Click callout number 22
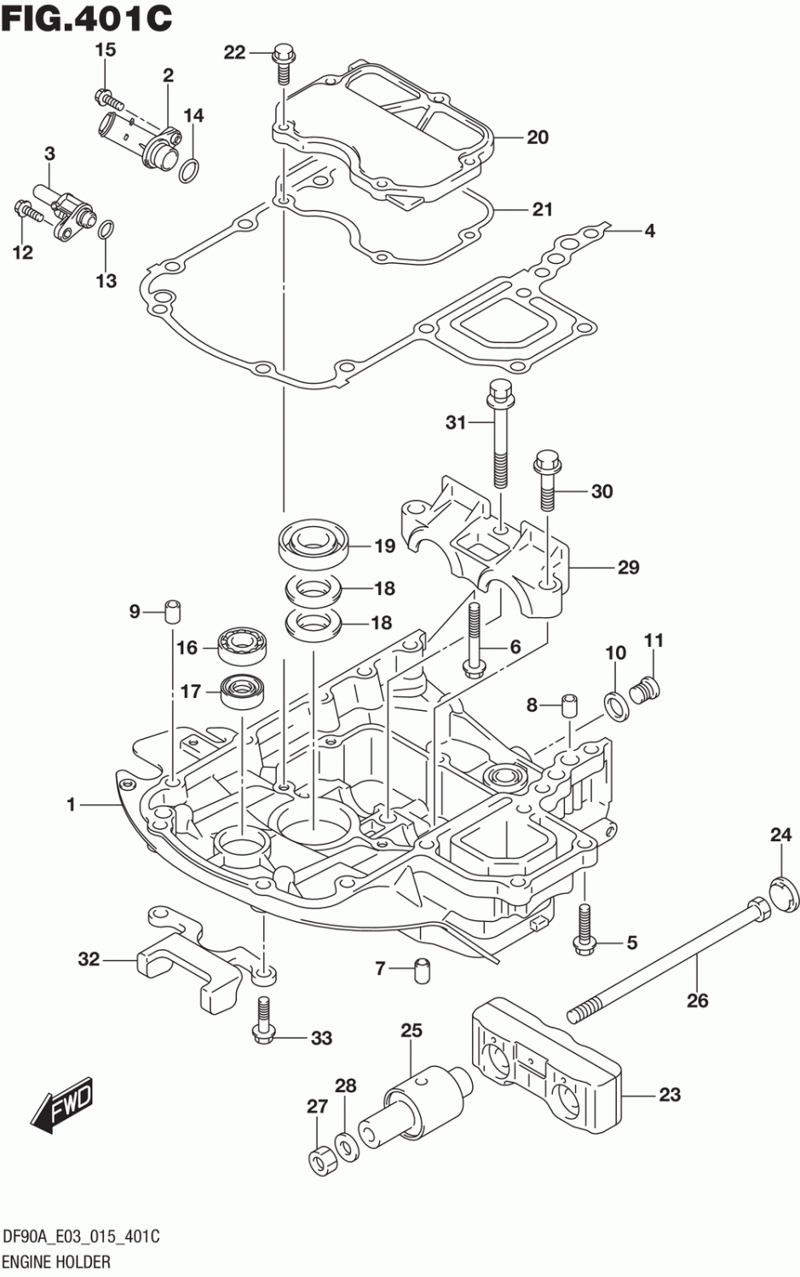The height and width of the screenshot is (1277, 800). click(234, 53)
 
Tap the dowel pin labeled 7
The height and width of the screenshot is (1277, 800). click(421, 969)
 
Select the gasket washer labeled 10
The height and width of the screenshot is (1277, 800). click(613, 702)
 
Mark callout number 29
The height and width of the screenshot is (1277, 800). click(628, 567)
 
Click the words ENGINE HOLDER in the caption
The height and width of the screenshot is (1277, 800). click(57, 1262)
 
